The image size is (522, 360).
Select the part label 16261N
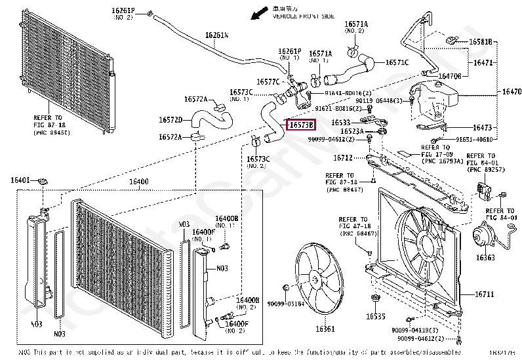tap(216, 35)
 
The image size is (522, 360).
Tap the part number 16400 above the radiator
tap(138, 181)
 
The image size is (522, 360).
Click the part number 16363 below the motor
tap(485, 258)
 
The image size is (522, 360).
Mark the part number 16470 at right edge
tap(512, 92)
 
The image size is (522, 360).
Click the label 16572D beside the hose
tap(170, 120)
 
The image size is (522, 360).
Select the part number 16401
tap(20, 180)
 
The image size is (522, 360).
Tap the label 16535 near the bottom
tap(376, 317)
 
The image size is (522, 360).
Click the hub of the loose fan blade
tap(316, 279)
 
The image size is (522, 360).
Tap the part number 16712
tap(342, 157)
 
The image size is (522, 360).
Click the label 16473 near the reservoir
tap(482, 127)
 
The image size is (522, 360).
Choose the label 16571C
tap(397, 62)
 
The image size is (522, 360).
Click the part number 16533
tap(340, 122)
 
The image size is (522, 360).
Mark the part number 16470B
tap(450, 76)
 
